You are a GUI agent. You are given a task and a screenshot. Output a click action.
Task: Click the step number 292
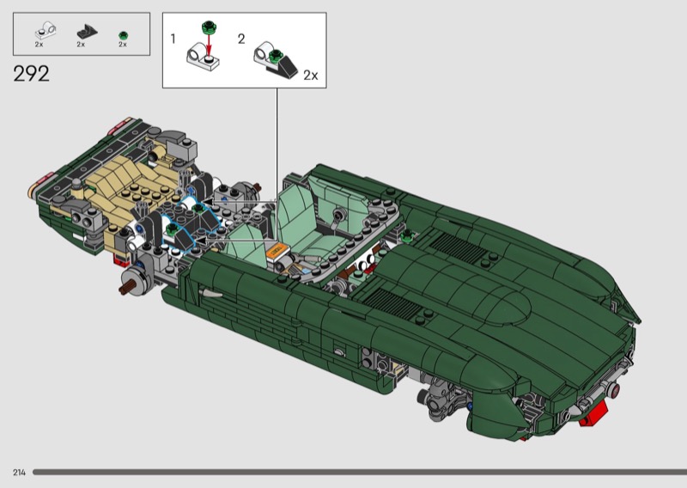tap(31, 74)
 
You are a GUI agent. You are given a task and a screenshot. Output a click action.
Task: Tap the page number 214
tap(19, 473)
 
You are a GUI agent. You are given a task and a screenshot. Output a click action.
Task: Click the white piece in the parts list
tap(46, 31)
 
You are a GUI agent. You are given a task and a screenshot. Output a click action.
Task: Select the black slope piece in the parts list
tap(88, 32)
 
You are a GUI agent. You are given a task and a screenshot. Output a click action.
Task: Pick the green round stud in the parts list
tap(123, 35)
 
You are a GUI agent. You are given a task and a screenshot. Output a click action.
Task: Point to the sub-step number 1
tap(173, 39)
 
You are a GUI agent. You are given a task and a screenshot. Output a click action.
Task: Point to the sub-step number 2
tap(241, 39)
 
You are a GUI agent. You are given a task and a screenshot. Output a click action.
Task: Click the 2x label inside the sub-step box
tap(311, 76)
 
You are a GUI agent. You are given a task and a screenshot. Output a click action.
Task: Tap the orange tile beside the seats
tap(277, 251)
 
